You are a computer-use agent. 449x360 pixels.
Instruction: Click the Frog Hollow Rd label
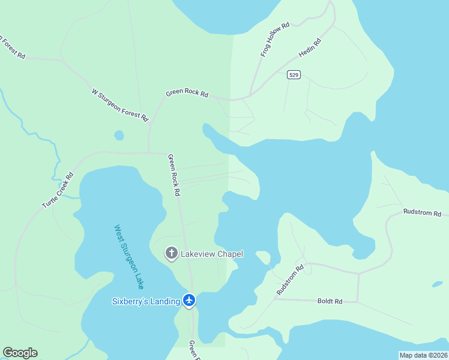tap(275, 40)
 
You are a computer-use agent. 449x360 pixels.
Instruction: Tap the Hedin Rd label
tap(310, 49)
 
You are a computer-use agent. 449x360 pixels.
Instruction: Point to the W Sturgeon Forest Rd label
tap(119, 105)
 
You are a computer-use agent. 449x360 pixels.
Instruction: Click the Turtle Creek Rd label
tap(58, 190)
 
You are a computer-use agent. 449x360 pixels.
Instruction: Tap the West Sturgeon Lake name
tap(128, 257)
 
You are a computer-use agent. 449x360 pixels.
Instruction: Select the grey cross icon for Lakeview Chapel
tap(171, 254)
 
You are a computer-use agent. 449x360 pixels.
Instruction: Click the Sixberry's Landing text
tap(146, 301)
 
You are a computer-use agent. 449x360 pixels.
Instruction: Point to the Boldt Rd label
tap(330, 301)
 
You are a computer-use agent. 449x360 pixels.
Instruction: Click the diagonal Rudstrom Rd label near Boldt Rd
tap(290, 280)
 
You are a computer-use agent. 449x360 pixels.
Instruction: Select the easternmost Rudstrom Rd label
tap(422, 212)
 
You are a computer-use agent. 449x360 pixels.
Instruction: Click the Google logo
tap(20, 353)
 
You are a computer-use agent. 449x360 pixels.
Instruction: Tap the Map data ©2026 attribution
tap(423, 355)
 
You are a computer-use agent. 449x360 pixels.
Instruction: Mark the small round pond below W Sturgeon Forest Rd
tap(119, 136)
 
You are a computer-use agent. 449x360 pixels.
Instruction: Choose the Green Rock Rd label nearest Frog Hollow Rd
tap(187, 94)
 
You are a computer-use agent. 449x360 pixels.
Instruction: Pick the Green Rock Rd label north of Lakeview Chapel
tap(173, 176)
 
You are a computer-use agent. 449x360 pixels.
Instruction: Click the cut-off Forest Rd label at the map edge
tap(12, 48)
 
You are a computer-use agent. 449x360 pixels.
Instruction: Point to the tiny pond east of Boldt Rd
tap(437, 284)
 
